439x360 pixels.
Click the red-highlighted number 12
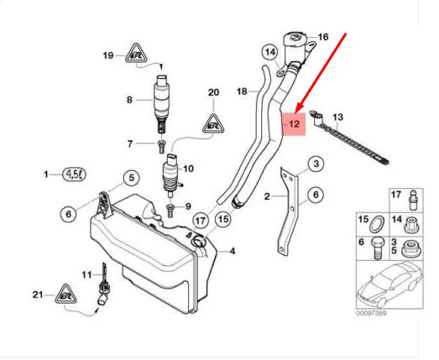pos(295,124)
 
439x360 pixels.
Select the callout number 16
pos(322,37)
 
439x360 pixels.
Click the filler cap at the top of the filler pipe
pos(296,42)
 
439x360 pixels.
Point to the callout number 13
pos(338,117)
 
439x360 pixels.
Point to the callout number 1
pos(47,175)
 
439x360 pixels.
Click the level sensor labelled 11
pos(104,285)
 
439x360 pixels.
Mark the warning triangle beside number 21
pos(66,295)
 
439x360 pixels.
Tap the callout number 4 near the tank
pos(232,251)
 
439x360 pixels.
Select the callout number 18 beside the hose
pos(242,90)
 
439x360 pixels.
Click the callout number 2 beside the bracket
pos(268,196)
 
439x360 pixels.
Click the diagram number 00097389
pos(372,314)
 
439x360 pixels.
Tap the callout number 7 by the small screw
pos(129,143)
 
